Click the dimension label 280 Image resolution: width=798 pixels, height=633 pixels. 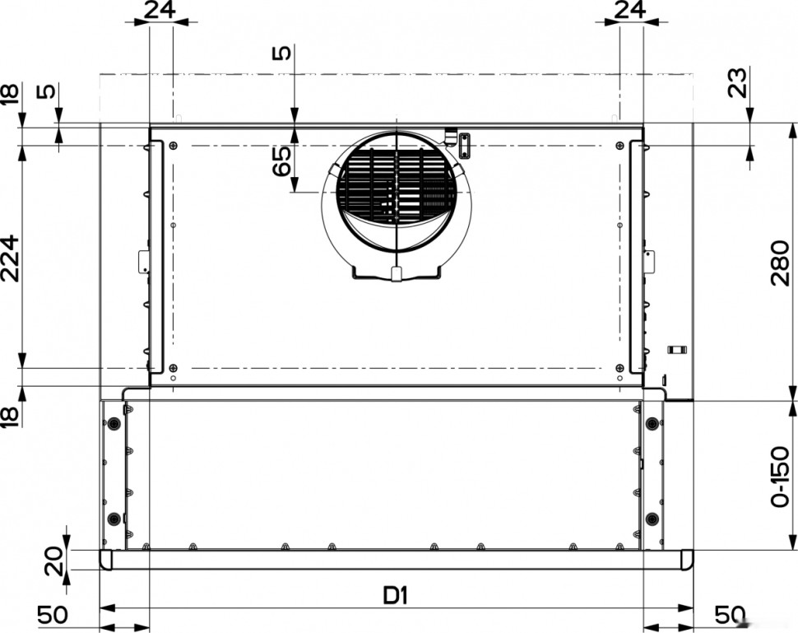coord(782,262)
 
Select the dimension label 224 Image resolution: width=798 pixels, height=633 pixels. coord(10,257)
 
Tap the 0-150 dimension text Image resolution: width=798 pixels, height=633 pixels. coord(782,477)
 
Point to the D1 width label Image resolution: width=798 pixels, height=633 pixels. coord(396,595)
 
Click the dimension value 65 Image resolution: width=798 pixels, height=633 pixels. coord(281,161)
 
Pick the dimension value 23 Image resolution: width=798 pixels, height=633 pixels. coord(739,83)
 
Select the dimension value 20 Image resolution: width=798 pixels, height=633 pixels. coord(52,561)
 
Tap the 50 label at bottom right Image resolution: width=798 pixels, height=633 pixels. coord(730,615)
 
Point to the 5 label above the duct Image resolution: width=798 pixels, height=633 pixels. coord(281,54)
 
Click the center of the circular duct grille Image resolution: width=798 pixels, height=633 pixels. coord(397,191)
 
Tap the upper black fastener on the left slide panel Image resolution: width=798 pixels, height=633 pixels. coord(113,424)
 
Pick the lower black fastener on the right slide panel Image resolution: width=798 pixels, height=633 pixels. coord(652,519)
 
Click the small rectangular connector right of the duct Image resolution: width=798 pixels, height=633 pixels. coord(464,145)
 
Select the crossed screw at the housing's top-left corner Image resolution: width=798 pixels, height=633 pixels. coord(173,146)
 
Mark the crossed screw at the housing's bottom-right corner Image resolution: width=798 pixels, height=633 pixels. coord(619,367)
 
